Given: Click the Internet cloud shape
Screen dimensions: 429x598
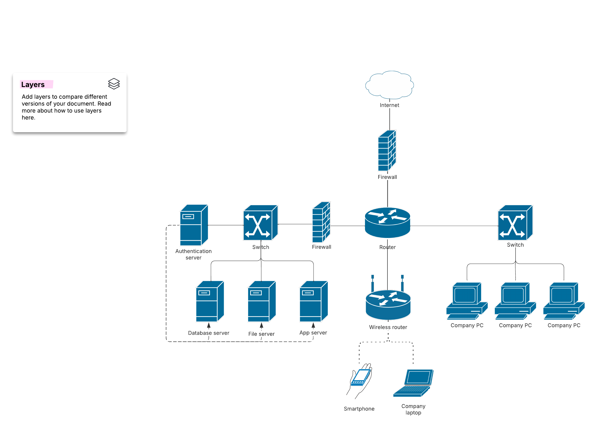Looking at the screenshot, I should [x=389, y=84].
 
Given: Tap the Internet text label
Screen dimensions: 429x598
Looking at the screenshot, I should [x=389, y=105].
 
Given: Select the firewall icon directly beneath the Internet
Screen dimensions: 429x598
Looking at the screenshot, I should [x=387, y=150].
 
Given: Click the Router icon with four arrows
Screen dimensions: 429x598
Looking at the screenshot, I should [x=387, y=222].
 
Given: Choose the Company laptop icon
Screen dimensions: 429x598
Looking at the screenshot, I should [x=413, y=383].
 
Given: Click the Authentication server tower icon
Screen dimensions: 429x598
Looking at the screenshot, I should [x=194, y=225].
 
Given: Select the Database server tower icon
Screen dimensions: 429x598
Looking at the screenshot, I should [x=210, y=301].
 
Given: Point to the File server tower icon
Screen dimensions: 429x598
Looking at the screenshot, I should [x=262, y=301].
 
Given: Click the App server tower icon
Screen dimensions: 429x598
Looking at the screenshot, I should [x=313, y=301].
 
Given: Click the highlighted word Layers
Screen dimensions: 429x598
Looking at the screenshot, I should [x=33, y=85].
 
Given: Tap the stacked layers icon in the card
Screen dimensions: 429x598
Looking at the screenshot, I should [x=114, y=84].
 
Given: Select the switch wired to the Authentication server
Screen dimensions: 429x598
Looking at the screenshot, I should [x=260, y=222].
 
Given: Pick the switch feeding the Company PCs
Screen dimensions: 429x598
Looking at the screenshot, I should [x=515, y=222].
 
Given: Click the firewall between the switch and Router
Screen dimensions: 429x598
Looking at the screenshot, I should [x=321, y=222].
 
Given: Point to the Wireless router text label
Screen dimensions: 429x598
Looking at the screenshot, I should [x=388, y=327].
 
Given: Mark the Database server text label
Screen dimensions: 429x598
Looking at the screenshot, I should [x=209, y=333].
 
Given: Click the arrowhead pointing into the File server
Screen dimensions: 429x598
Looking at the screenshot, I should [x=261, y=325].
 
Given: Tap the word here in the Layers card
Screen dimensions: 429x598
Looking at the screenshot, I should [x=28, y=117].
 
